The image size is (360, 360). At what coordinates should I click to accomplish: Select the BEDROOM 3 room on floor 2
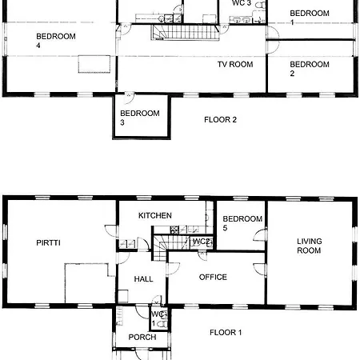pyautogui.click(x=140, y=118)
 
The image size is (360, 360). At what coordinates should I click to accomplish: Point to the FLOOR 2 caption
pyautogui.click(x=220, y=120)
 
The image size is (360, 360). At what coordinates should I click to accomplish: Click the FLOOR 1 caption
pyautogui.click(x=226, y=332)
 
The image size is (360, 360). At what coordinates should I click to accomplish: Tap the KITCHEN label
pyautogui.click(x=155, y=216)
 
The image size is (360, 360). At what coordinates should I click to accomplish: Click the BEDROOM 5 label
pyautogui.click(x=242, y=224)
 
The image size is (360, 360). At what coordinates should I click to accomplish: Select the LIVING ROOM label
pyautogui.click(x=309, y=246)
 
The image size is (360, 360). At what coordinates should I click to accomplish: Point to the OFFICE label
pyautogui.click(x=212, y=278)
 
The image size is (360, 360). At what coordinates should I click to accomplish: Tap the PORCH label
pyautogui.click(x=142, y=337)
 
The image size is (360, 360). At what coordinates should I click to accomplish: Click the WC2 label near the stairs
pyautogui.click(x=202, y=242)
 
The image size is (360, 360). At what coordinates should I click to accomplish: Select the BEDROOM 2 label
pyautogui.click(x=309, y=69)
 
